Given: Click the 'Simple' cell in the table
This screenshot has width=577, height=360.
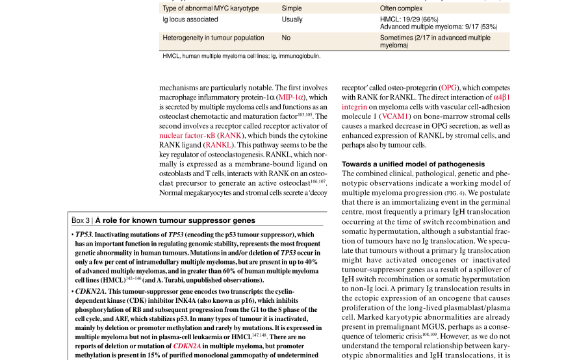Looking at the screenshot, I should (x=292, y=8).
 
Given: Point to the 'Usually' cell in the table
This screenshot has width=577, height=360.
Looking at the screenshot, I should (x=292, y=19).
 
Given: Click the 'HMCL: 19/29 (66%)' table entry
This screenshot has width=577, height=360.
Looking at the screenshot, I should (x=409, y=19).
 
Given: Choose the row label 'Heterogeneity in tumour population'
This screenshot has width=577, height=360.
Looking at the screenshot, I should (x=213, y=38).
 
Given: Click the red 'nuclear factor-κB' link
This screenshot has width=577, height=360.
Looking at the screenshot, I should (x=186, y=136).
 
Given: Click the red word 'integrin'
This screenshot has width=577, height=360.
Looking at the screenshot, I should (x=354, y=107).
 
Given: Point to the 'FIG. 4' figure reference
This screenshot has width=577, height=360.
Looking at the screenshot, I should (x=454, y=193).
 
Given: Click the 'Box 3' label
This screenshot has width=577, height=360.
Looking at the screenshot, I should (x=81, y=220).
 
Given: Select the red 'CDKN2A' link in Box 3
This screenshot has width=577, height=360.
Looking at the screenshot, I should (x=188, y=346).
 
